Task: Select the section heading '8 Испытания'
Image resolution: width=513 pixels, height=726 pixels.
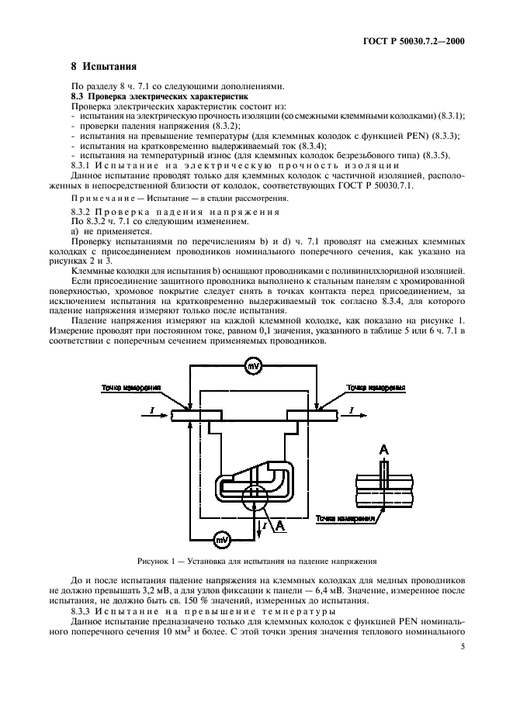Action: click(x=99, y=66)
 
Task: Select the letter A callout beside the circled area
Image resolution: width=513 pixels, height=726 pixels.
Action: click(x=281, y=527)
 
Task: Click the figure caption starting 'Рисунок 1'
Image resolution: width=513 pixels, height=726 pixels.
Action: click(x=255, y=560)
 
